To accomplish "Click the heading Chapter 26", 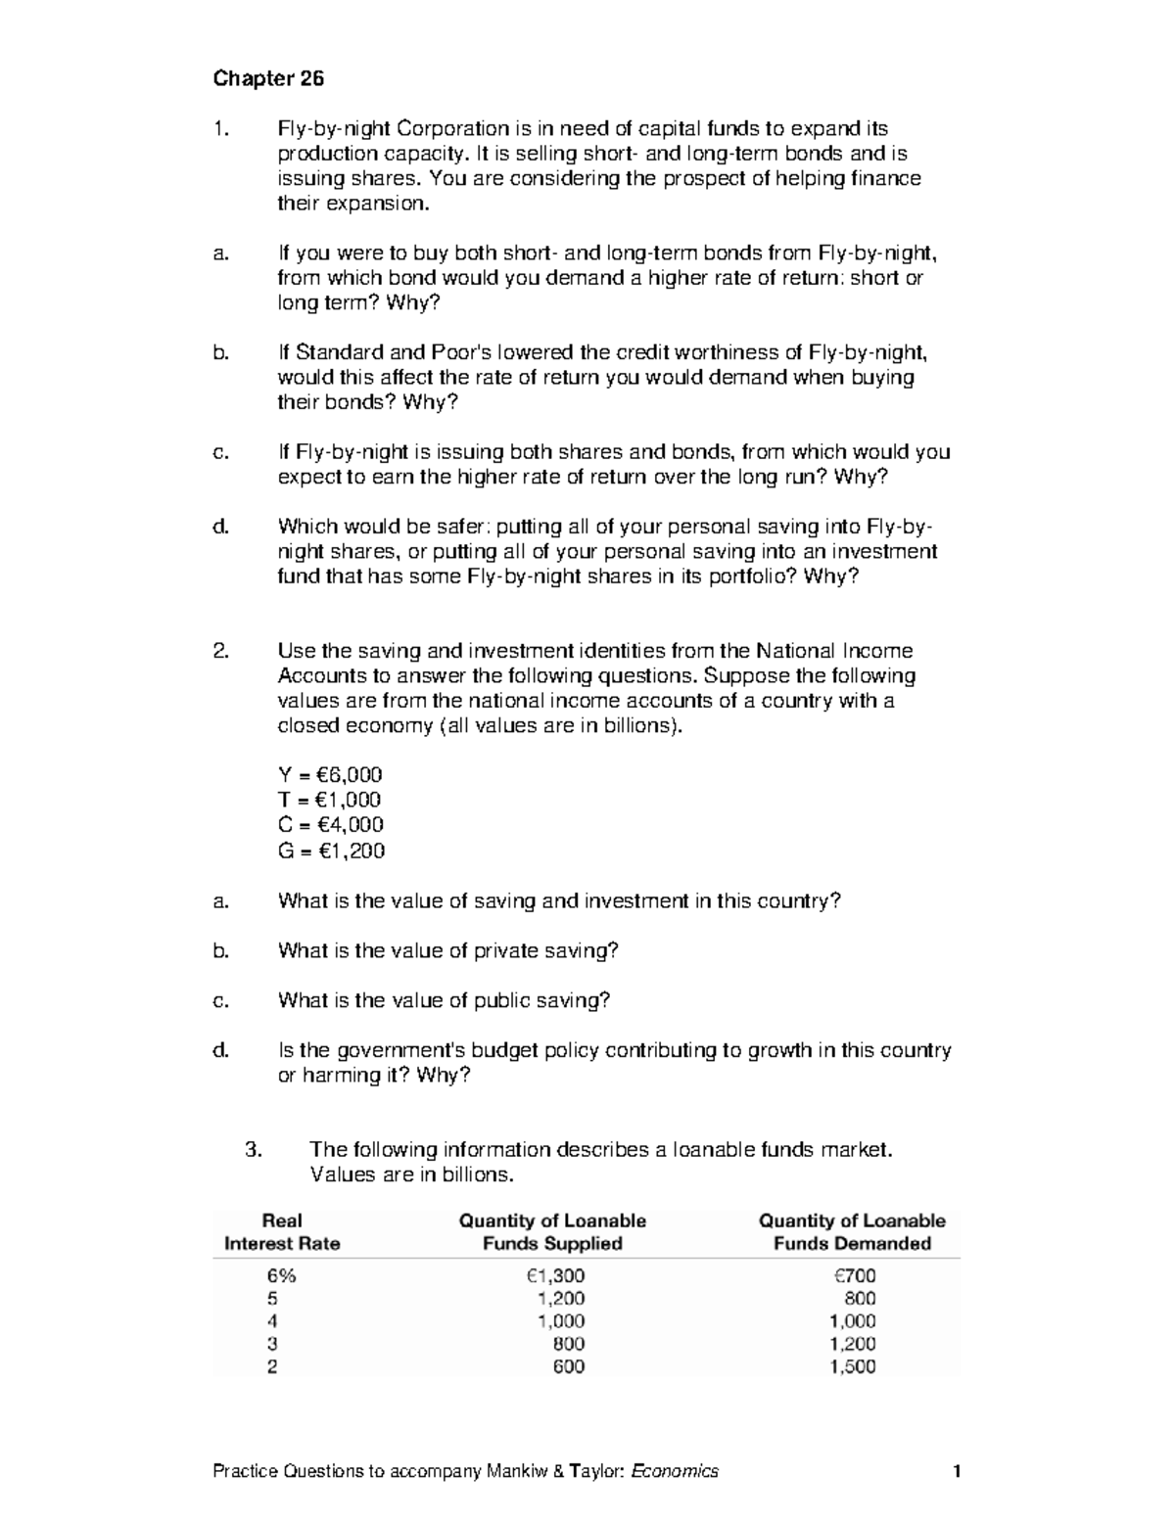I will click(x=268, y=78).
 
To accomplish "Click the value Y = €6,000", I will click(x=330, y=775).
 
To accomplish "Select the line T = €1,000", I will click(x=330, y=801).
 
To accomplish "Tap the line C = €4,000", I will click(x=331, y=825).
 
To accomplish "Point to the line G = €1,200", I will click(x=331, y=851).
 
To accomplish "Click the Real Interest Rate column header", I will click(x=282, y=1232).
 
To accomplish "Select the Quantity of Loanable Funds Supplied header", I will click(x=552, y=1232).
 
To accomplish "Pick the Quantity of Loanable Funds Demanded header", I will click(x=852, y=1232).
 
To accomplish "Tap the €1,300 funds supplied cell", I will click(x=555, y=1275).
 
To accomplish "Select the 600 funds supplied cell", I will click(x=569, y=1367).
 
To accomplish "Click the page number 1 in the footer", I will click(x=957, y=1471).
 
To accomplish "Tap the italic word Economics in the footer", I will click(x=675, y=1471).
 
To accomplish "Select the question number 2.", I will click(x=221, y=651).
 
